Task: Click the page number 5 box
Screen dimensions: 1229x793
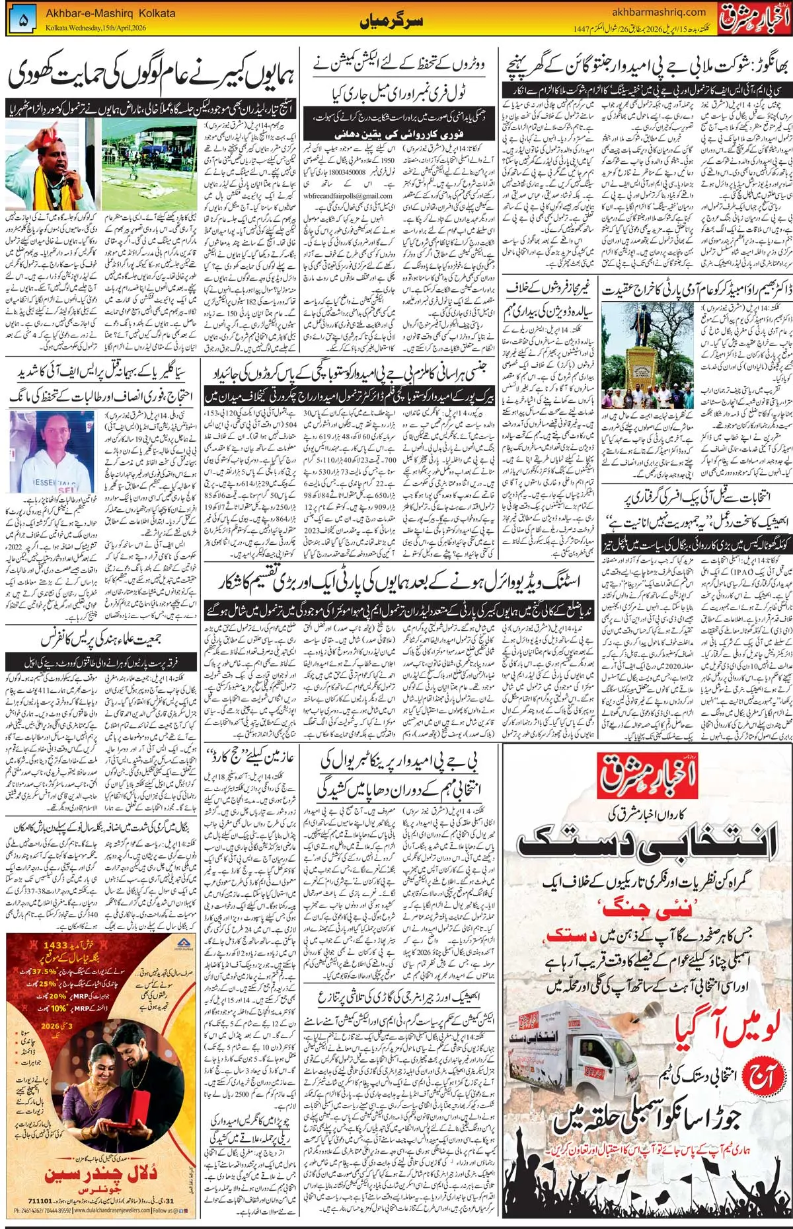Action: tap(24, 20)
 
